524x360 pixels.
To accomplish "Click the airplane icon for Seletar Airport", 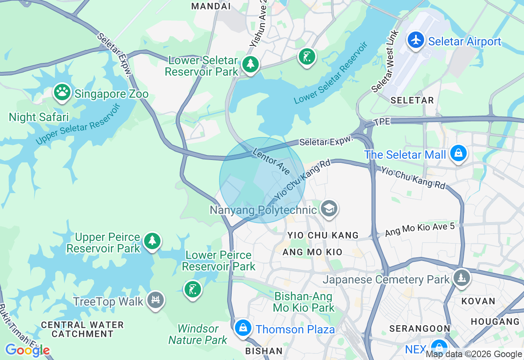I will (x=416, y=40).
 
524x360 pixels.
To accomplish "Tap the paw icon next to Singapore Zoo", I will (x=62, y=92).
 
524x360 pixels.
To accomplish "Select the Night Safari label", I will (x=39, y=117).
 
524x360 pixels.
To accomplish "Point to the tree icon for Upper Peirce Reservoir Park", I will (x=152, y=241).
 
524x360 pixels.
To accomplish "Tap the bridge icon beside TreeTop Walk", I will (x=155, y=300).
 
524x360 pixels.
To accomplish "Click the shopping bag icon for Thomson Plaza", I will (x=243, y=328).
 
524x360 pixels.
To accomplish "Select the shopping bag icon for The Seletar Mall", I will (x=458, y=153).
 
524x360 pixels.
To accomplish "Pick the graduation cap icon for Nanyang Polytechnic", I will (x=329, y=209).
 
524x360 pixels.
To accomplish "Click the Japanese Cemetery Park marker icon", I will (x=461, y=278).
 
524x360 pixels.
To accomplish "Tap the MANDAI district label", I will (x=211, y=6).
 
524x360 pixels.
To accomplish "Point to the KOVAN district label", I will (x=478, y=301).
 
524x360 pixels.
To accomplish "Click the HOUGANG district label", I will (x=495, y=322).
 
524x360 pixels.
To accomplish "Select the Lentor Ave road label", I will (x=271, y=162).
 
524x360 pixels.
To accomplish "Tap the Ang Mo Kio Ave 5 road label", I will (x=420, y=229).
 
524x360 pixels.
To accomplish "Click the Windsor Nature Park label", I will (x=198, y=334).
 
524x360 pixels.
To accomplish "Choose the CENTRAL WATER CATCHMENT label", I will (x=82, y=329).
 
